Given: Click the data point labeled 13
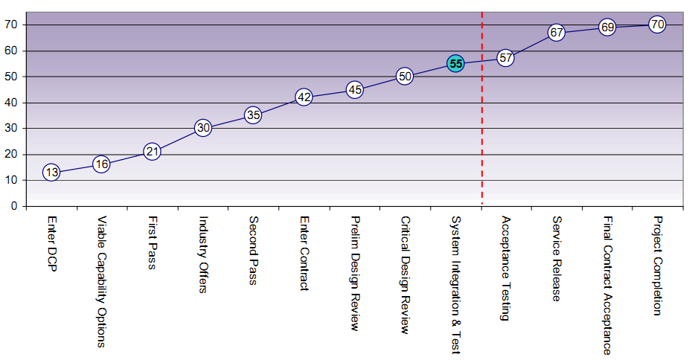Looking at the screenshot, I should pyautogui.click(x=51, y=173).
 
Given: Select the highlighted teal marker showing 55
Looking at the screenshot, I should pyautogui.click(x=456, y=64).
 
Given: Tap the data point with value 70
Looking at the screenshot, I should pyautogui.click(x=657, y=25).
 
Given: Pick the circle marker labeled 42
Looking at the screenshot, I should pyautogui.click(x=304, y=97).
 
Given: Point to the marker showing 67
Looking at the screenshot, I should pyautogui.click(x=557, y=33).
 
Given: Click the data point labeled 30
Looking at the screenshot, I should pyautogui.click(x=203, y=128).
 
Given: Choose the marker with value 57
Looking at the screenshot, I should pyautogui.click(x=506, y=57).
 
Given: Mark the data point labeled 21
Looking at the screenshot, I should pyautogui.click(x=152, y=151).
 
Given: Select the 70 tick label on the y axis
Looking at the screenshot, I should pyautogui.click(x=12, y=25).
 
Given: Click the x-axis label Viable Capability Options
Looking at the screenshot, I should pyautogui.click(x=102, y=282).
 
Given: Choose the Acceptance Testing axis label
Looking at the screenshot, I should pyautogui.click(x=506, y=268).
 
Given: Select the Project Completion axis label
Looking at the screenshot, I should pyautogui.click(x=657, y=266).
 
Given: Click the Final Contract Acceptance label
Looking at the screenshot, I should pyautogui.click(x=607, y=285).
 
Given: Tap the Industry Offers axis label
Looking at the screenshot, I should pyautogui.click(x=202, y=254).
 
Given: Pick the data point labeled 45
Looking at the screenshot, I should pyautogui.click(x=355, y=90).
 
